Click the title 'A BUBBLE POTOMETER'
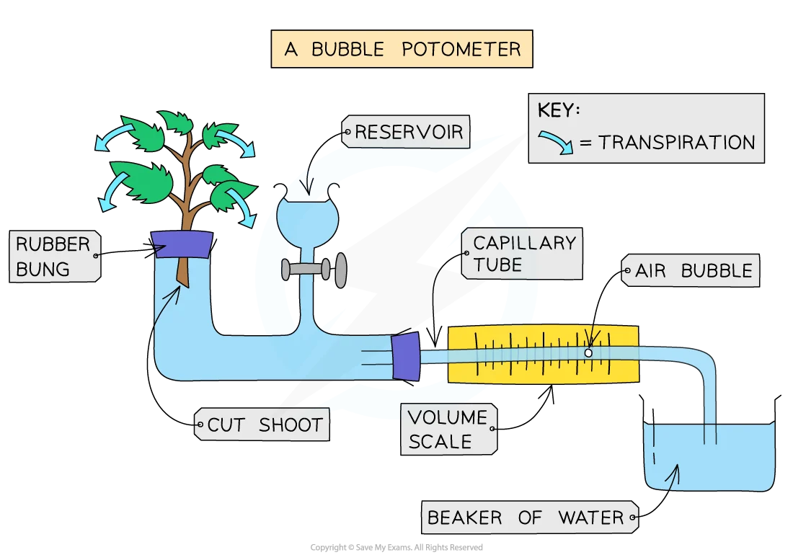click(402, 49)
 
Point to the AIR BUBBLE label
click(693, 271)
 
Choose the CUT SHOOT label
click(264, 425)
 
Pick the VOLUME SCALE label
click(447, 429)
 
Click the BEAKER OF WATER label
click(526, 518)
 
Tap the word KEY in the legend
click(559, 111)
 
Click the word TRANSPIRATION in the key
click(676, 142)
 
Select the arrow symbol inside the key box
click(557, 140)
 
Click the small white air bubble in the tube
click(588, 353)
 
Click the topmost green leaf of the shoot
click(174, 121)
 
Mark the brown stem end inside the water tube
click(183, 274)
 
